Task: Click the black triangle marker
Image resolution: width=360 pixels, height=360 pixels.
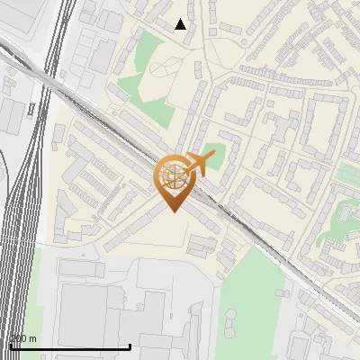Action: click(180, 24)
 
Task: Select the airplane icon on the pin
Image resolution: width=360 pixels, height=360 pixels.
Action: click(200, 163)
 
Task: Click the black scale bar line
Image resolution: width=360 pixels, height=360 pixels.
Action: click(70, 346)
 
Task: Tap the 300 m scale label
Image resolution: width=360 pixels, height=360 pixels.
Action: click(23, 338)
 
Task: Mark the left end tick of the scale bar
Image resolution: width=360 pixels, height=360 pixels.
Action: click(10, 345)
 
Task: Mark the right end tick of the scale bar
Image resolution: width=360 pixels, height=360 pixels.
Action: click(130, 345)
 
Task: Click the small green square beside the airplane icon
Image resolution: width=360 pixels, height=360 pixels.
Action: click(211, 153)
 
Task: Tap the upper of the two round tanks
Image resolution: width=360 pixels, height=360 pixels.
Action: click(232, 313)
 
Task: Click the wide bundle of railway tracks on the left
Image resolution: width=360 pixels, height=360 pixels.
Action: click(22, 225)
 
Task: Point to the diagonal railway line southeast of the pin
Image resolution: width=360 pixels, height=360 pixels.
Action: click(270, 247)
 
